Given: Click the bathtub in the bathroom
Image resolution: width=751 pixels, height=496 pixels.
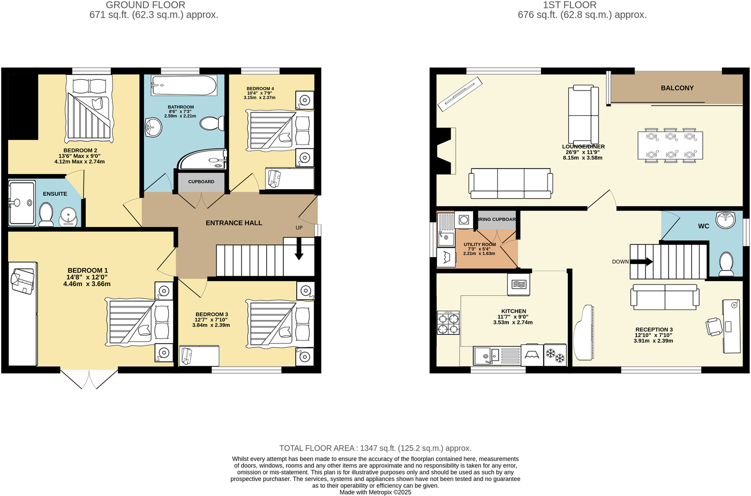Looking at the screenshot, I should (x=184, y=86).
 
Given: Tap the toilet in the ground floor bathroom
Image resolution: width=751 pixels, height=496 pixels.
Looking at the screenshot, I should (x=212, y=124).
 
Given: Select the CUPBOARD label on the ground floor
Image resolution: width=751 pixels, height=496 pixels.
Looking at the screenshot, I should (x=201, y=182).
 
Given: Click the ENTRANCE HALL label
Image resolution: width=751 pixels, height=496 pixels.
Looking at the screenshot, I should (x=234, y=223).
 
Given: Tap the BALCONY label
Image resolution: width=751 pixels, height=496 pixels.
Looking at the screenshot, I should (x=677, y=88).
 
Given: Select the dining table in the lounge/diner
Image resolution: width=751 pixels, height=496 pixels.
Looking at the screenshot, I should (x=670, y=145).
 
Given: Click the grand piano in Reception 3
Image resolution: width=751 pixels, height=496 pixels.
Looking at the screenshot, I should (x=585, y=335).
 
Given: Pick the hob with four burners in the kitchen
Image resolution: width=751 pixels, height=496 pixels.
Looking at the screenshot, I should (x=448, y=323).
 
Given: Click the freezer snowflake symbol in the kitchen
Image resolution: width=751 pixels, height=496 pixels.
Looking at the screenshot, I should (x=555, y=355).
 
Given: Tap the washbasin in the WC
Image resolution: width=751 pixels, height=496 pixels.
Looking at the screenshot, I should (x=726, y=220).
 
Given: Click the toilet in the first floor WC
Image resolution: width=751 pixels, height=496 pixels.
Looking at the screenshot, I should (x=726, y=264).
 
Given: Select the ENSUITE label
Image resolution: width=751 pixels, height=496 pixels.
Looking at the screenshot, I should (x=55, y=194).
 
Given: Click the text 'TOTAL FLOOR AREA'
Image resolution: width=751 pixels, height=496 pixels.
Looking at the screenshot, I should (x=317, y=448).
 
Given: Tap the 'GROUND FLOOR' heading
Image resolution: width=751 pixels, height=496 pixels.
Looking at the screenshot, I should (x=145, y=5).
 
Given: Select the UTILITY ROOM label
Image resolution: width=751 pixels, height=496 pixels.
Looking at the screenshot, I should (x=479, y=244).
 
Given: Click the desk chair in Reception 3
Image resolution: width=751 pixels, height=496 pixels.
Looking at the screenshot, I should (x=714, y=327).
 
